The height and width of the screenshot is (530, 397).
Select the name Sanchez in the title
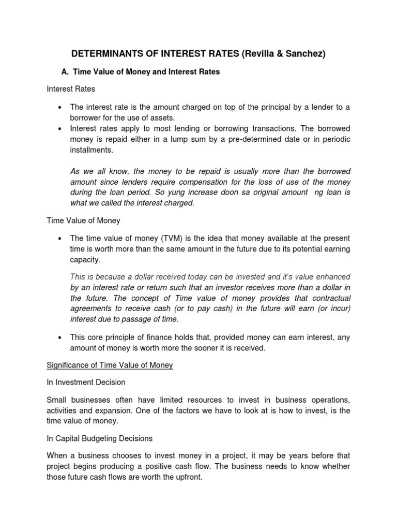302,54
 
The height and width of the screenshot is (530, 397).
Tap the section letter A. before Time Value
66,72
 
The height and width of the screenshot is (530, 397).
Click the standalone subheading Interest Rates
71,89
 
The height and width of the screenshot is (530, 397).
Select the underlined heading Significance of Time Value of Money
110,365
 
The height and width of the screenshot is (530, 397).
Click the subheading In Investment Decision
86,382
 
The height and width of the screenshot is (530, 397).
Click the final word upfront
188,477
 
